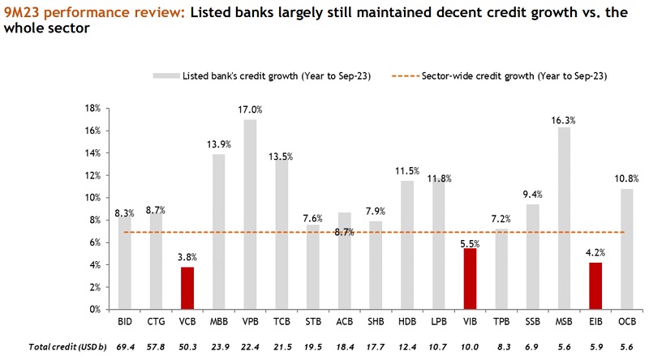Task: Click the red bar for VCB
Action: coord(187,288)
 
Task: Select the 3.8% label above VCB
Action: coord(187,257)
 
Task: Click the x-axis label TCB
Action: coord(281,324)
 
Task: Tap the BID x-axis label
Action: coord(125,324)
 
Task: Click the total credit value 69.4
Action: coord(125,346)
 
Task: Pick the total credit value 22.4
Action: coord(250,346)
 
